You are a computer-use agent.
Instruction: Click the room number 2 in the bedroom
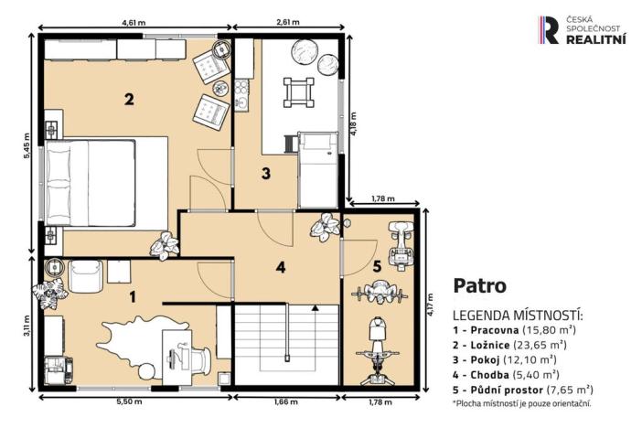[x=130, y=100]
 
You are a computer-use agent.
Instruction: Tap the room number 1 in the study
[x=133, y=295]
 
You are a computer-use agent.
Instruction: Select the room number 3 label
[x=265, y=172]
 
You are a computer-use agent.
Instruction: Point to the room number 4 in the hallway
[x=282, y=268]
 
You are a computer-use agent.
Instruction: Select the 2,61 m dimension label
[x=288, y=17]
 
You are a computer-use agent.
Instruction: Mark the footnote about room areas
[x=521, y=403]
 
